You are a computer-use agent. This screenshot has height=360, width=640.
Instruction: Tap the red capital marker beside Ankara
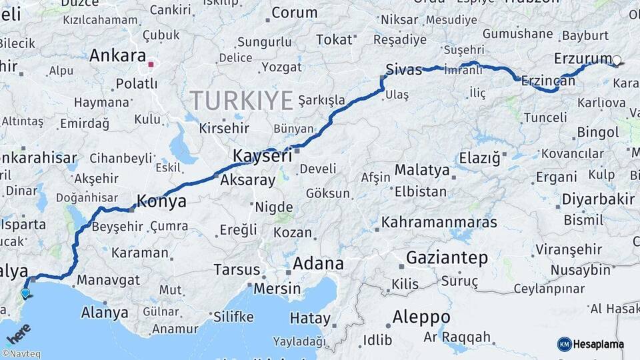pyautogui.click(x=151, y=65)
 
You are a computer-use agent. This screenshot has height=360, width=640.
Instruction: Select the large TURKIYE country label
pyautogui.click(x=241, y=101)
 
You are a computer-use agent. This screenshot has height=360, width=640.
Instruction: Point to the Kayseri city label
pyautogui.click(x=262, y=156)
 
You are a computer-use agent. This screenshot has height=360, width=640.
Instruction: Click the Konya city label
pyautogui.click(x=161, y=201)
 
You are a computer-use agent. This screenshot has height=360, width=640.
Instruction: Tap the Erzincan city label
pyautogui.click(x=547, y=81)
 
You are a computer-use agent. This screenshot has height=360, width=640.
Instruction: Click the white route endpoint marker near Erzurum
pyautogui.click(x=617, y=61)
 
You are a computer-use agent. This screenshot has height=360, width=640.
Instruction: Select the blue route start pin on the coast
pyautogui.click(x=25, y=293)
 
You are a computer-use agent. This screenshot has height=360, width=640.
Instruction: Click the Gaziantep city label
pyautogui.click(x=447, y=257)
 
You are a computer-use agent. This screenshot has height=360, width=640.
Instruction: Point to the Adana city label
pyautogui.click(x=318, y=263)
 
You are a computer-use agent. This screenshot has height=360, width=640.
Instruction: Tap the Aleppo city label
pyautogui.click(x=421, y=316)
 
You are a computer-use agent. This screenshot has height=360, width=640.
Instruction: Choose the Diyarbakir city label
pyautogui.click(x=598, y=199)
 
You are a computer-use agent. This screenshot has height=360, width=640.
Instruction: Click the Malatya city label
pyautogui.click(x=421, y=169)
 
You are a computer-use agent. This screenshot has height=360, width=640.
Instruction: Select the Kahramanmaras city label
pyautogui.click(x=439, y=221)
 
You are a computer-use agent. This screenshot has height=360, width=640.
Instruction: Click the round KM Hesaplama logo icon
pyautogui.click(x=565, y=344)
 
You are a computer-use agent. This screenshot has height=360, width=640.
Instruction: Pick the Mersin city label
pyautogui.click(x=276, y=289)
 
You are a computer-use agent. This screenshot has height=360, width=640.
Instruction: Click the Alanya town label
pyautogui.click(x=104, y=312)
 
